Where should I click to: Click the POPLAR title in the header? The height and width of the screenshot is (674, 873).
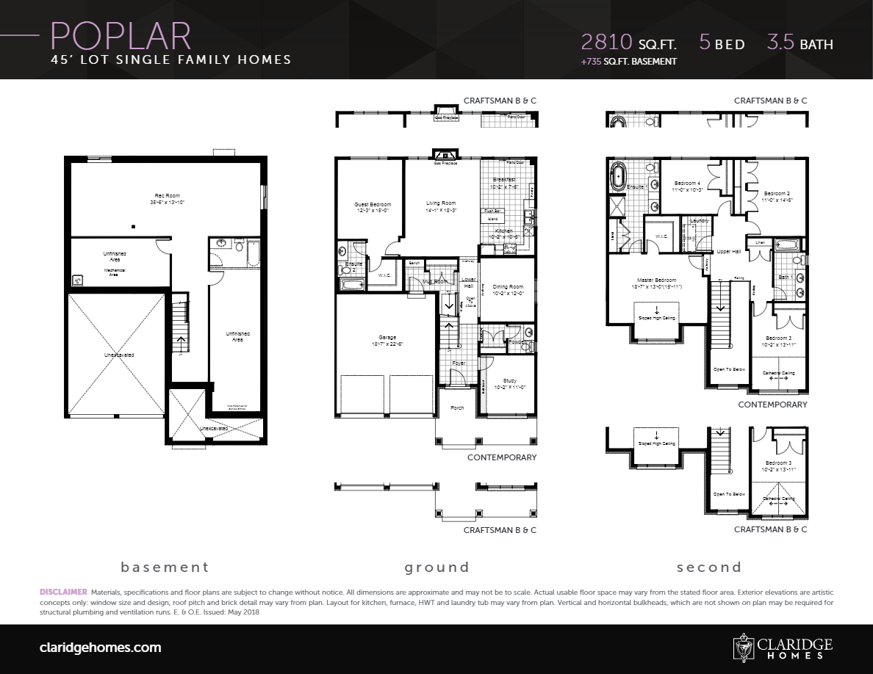(121, 35)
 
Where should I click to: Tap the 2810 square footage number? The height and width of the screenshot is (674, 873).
(606, 42)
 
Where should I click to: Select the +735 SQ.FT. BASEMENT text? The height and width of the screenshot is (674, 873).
(628, 62)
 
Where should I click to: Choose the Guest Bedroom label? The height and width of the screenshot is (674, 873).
(373, 205)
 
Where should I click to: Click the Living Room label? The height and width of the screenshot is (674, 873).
(441, 203)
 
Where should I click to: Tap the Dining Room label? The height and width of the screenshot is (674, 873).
(507, 287)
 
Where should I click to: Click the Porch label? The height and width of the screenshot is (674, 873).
(457, 407)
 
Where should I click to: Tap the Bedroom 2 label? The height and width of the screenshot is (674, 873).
(776, 193)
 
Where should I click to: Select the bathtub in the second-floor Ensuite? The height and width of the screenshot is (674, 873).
(617, 178)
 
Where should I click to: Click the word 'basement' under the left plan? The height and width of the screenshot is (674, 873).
(165, 567)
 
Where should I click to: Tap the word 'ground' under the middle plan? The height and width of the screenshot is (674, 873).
(436, 567)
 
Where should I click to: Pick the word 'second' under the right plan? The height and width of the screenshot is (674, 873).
(709, 567)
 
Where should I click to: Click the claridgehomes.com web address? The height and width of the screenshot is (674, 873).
(100, 648)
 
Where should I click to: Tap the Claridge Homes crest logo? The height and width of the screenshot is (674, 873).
(744, 648)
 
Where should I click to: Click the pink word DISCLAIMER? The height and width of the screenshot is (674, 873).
(63, 592)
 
